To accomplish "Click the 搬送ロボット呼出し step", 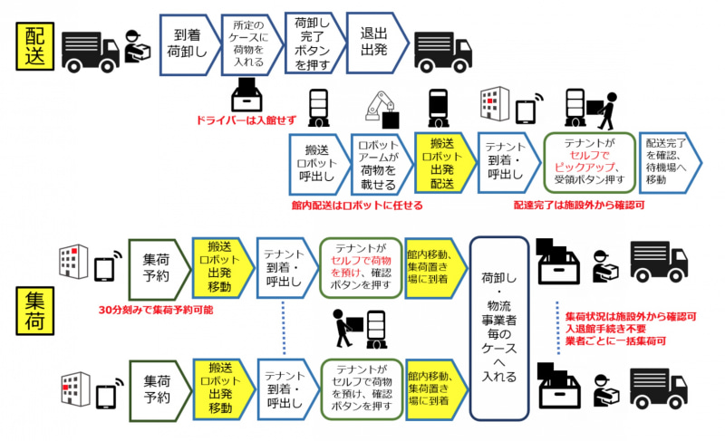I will pyautogui.click(x=317, y=164).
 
